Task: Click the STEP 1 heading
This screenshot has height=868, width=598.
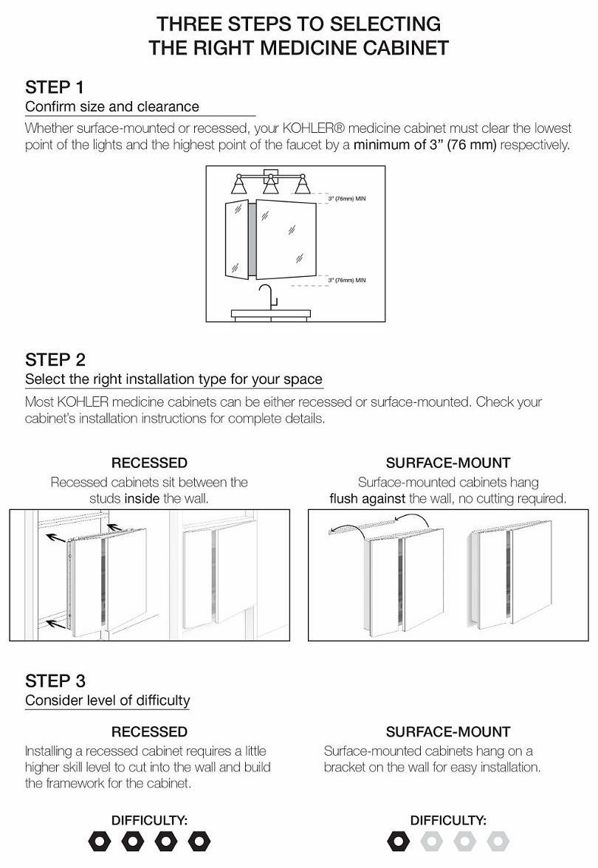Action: pyautogui.click(x=55, y=86)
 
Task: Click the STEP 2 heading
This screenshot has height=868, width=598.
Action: pyautogui.click(x=55, y=359)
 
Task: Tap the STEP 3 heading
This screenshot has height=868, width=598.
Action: pyautogui.click(x=55, y=680)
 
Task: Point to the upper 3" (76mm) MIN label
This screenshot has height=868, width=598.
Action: pyautogui.click(x=346, y=199)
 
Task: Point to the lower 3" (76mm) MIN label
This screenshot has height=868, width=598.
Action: pyautogui.click(x=346, y=280)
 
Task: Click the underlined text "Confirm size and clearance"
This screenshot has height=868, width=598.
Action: pyautogui.click(x=112, y=107)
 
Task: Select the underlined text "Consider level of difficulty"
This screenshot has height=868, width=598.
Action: pyautogui.click(x=108, y=700)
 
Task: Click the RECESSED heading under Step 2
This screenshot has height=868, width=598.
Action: pyautogui.click(x=149, y=463)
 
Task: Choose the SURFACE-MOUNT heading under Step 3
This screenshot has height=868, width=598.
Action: pyautogui.click(x=448, y=731)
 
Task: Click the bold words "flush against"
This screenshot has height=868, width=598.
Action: pyautogui.click(x=367, y=498)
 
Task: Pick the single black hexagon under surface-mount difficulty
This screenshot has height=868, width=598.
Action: pyautogui.click(x=397, y=841)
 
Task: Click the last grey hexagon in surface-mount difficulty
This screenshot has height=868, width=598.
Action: pyautogui.click(x=498, y=841)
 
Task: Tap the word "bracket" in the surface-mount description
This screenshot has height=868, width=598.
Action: pyautogui.click(x=347, y=767)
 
